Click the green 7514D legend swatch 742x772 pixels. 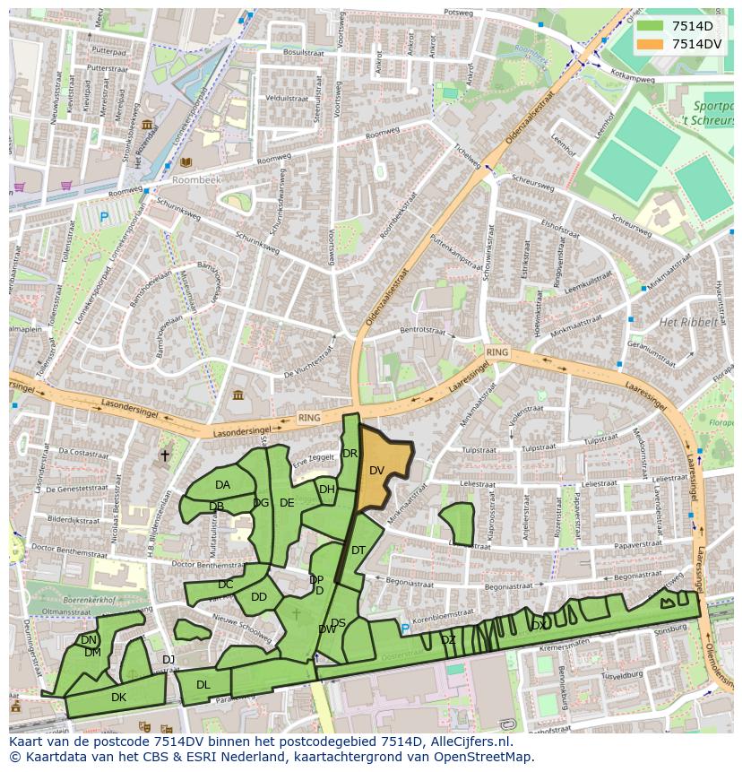(651, 26)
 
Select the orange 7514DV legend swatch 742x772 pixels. (651, 44)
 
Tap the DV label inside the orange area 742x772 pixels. (376, 471)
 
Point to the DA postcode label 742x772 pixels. (222, 485)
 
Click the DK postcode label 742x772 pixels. (118, 697)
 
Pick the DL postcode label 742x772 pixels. (203, 685)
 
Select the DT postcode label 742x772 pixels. (358, 551)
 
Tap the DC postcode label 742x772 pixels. (225, 585)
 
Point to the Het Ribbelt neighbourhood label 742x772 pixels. (688, 322)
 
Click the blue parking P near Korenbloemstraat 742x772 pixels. (404, 629)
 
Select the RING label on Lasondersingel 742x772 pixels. (309, 418)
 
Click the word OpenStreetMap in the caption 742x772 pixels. (485, 757)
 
